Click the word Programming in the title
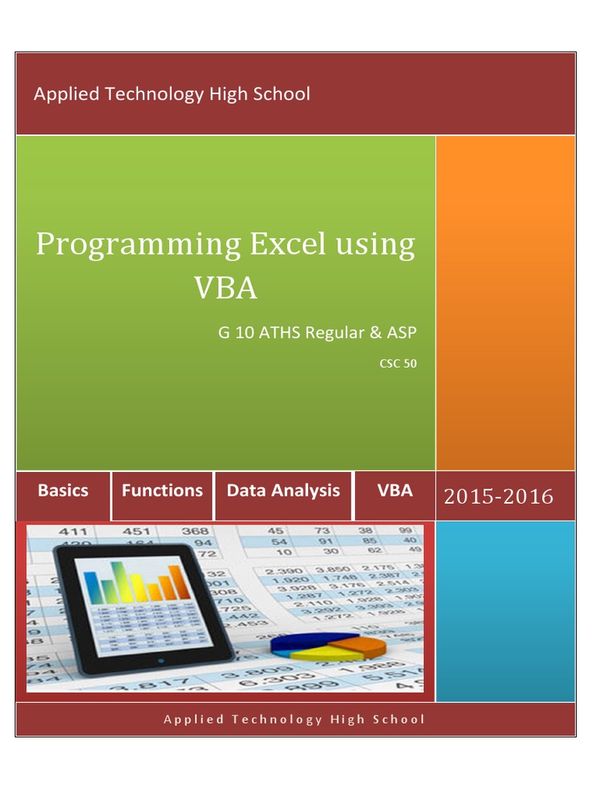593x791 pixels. pyautogui.click(x=138, y=246)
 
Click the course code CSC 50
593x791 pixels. pyautogui.click(x=398, y=363)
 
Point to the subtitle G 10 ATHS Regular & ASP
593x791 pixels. pyautogui.click(x=317, y=333)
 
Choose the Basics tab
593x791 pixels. pyautogui.click(x=63, y=491)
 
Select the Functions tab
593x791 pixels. pyautogui.click(x=162, y=491)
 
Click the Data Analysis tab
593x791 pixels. pyautogui.click(x=283, y=491)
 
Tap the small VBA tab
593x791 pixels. pyautogui.click(x=395, y=491)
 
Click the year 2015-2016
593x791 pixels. pyautogui.click(x=499, y=497)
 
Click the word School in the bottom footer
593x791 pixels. pyautogui.click(x=398, y=719)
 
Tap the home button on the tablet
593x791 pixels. pyautogui.click(x=160, y=661)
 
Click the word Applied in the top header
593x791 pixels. pyautogui.click(x=66, y=94)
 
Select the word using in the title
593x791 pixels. pyautogui.click(x=375, y=246)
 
